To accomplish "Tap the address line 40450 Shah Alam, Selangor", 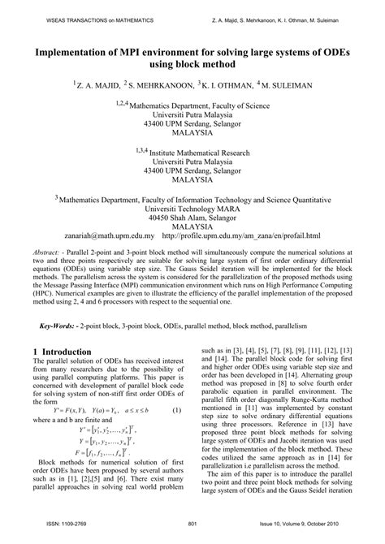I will point(193,218).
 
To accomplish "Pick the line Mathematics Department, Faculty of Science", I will point(196,105).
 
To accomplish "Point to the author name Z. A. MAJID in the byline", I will point(97,83).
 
